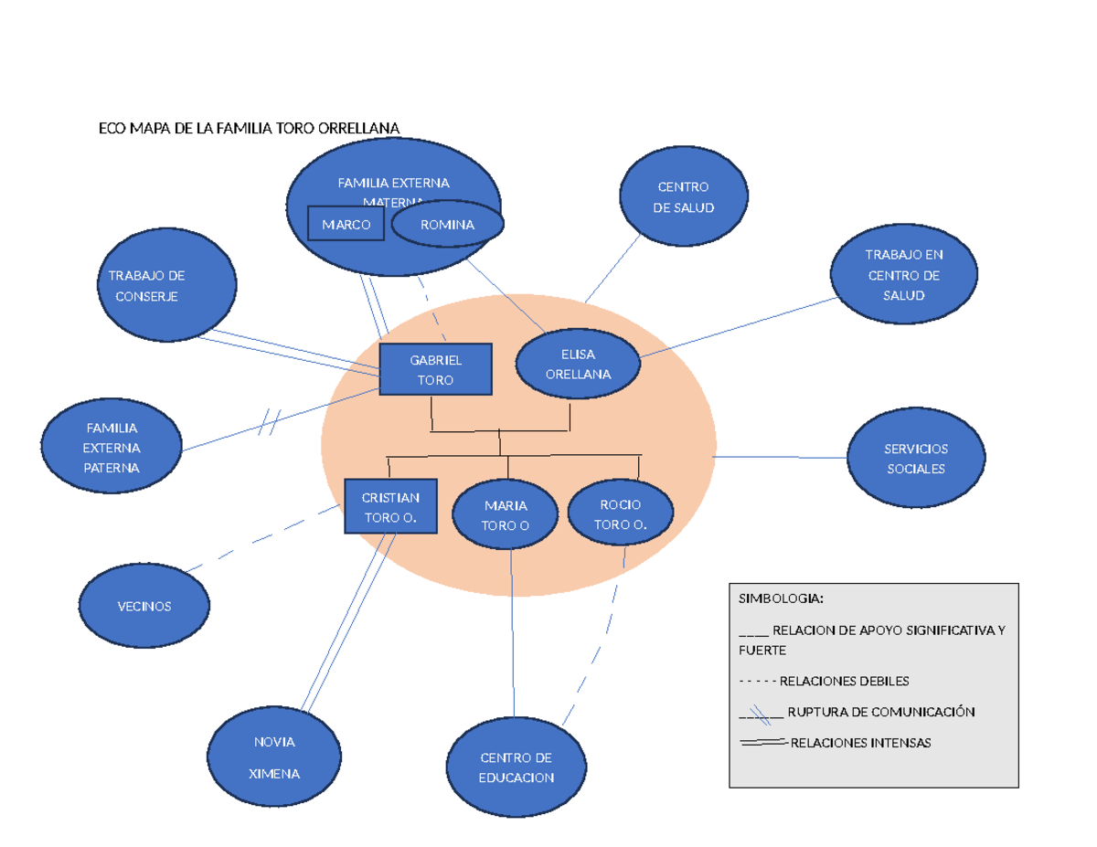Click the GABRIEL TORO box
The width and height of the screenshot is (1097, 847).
[x=435, y=370]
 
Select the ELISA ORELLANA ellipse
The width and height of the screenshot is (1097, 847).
[x=578, y=364]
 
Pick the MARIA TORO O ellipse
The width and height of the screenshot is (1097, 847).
[x=506, y=515]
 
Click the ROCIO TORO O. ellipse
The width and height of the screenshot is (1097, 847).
[x=621, y=513]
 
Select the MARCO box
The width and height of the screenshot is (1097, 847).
[x=346, y=224]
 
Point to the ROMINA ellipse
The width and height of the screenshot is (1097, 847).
[x=447, y=224]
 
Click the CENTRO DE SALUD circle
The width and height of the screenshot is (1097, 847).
[x=683, y=196]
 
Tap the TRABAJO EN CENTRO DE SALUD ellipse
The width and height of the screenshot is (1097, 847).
[x=903, y=274]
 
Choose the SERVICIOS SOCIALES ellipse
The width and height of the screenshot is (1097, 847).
[x=915, y=458]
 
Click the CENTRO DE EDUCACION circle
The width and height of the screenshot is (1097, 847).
[x=516, y=767]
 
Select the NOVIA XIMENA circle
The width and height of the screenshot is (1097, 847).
[x=275, y=757]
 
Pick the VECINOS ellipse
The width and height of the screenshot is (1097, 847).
[x=144, y=606]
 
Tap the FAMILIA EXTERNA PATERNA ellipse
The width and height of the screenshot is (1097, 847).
[x=112, y=447]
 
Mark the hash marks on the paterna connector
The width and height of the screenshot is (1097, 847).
[x=270, y=422]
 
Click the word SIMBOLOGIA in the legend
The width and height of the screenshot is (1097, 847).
[x=781, y=598]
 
